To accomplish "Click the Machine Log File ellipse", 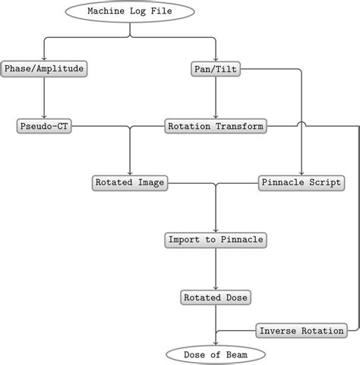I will [x=130, y=11].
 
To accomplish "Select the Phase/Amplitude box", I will [x=44, y=69].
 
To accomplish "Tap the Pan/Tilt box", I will [x=216, y=69].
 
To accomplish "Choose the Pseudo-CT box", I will [x=44, y=126].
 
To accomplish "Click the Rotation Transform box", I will [x=216, y=126].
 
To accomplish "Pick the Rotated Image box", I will [x=130, y=183].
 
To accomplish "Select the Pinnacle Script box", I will [x=302, y=183].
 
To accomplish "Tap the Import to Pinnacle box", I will [x=216, y=240].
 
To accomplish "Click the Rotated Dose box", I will [x=216, y=297].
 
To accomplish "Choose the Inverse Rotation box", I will [x=302, y=331].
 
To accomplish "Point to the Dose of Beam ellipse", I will [x=216, y=354].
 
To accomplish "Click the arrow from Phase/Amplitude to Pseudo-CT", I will [x=44, y=97].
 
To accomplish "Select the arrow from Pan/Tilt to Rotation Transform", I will [x=216, y=97].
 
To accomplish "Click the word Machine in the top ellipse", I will [x=105, y=11].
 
